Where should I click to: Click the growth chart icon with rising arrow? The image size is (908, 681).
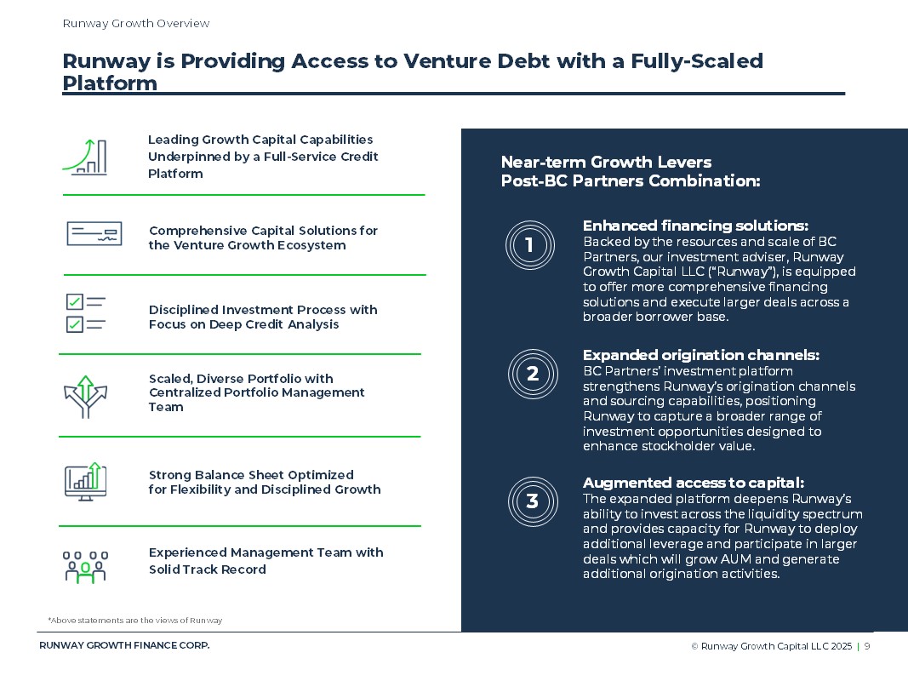pyautogui.click(x=84, y=157)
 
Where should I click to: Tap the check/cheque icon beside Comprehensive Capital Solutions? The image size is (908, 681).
pyautogui.click(x=94, y=233)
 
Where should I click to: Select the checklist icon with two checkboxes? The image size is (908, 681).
pyautogui.click(x=85, y=312)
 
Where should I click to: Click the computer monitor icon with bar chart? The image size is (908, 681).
pyautogui.click(x=85, y=482)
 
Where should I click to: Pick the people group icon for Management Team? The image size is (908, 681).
pyautogui.click(x=85, y=566)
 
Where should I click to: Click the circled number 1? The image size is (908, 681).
pyautogui.click(x=529, y=246)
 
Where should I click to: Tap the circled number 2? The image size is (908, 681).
pyautogui.click(x=533, y=374)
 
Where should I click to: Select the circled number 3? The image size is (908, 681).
pyautogui.click(x=533, y=501)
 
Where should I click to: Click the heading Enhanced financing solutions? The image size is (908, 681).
pyautogui.click(x=695, y=226)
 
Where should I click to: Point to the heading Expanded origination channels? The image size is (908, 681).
pyautogui.click(x=700, y=355)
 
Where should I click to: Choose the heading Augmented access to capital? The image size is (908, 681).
pyautogui.click(x=693, y=483)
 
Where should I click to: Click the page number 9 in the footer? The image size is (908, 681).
pyautogui.click(x=867, y=646)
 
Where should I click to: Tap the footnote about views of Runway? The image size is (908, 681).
pyautogui.click(x=135, y=621)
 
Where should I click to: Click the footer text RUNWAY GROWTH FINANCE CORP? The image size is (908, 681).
pyautogui.click(x=124, y=645)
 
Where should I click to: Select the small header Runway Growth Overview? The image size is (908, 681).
pyautogui.click(x=136, y=24)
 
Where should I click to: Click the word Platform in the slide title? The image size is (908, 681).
pyautogui.click(x=110, y=83)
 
